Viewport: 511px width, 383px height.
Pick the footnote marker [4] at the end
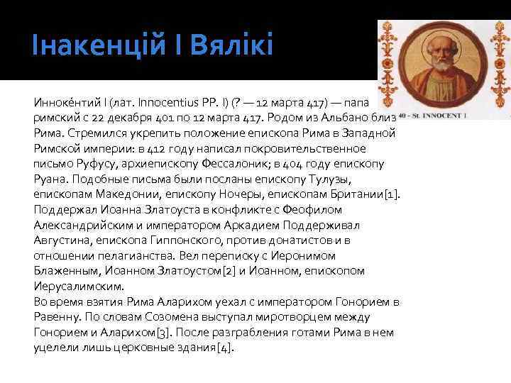click(x=226, y=347)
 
